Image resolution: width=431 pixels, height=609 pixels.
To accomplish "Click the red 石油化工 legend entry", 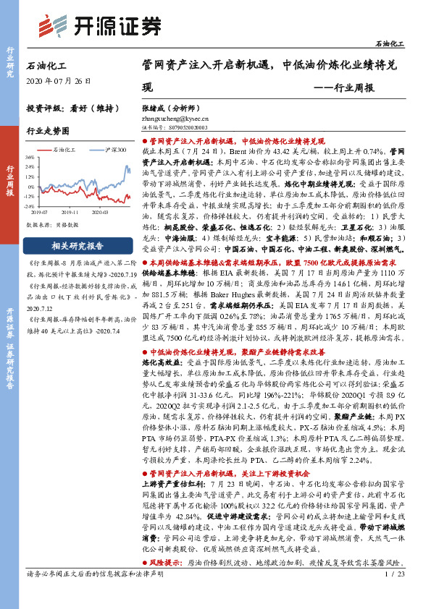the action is (67, 150).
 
